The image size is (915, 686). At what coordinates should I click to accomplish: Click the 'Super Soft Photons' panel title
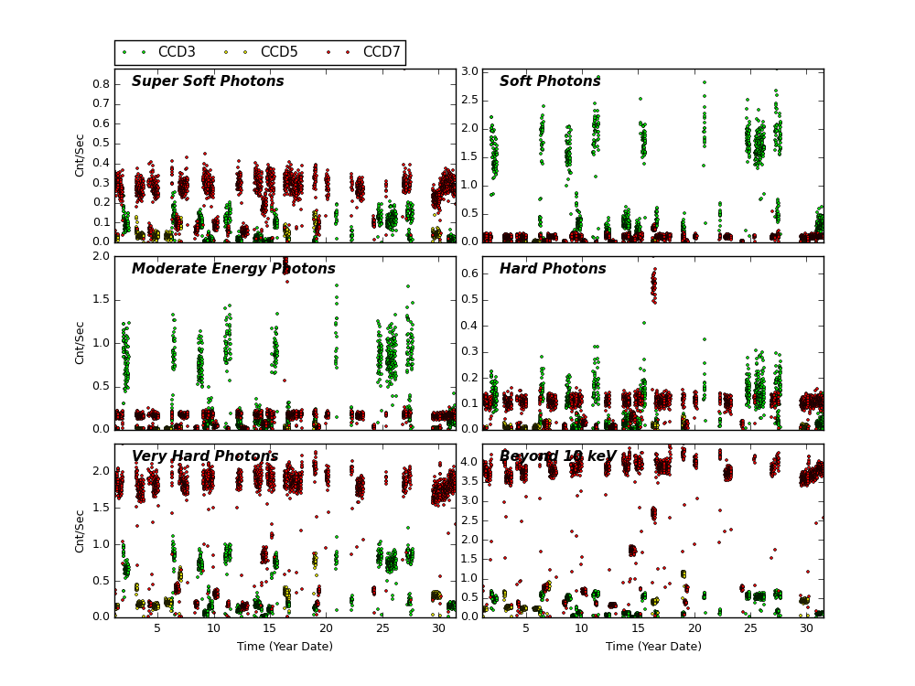tap(208, 82)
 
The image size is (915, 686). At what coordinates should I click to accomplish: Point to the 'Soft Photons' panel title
tap(550, 82)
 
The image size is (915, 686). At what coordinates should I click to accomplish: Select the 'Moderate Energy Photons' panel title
tap(233, 270)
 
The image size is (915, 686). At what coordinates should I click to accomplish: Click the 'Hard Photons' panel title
tap(553, 270)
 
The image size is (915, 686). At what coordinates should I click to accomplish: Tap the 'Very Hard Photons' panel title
tap(205, 457)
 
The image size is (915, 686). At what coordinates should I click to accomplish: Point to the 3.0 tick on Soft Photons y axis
tap(468, 71)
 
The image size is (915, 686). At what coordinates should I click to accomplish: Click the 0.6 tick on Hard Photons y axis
tap(468, 273)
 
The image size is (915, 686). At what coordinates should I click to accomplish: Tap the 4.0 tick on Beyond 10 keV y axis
tap(468, 463)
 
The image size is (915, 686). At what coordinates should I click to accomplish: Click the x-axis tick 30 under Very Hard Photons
tap(439, 628)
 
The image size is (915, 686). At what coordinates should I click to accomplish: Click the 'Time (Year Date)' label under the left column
tap(285, 647)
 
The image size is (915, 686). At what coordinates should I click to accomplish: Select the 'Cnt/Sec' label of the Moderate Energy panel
tap(81, 343)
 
